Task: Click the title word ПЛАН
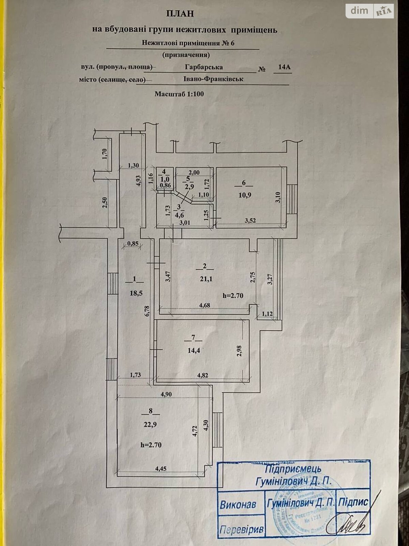click(x=180, y=14)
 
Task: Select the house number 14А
click(x=284, y=67)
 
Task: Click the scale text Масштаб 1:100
click(x=179, y=94)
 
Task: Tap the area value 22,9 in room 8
click(x=150, y=425)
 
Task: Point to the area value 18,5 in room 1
click(x=136, y=293)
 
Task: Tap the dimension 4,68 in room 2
click(x=204, y=305)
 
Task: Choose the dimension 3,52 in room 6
click(x=251, y=220)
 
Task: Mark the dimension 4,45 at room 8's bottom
click(x=161, y=469)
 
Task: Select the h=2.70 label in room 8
click(x=151, y=445)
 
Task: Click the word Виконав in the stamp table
click(x=238, y=505)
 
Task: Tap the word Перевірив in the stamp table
click(x=241, y=530)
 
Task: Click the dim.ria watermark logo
click(x=370, y=11)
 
